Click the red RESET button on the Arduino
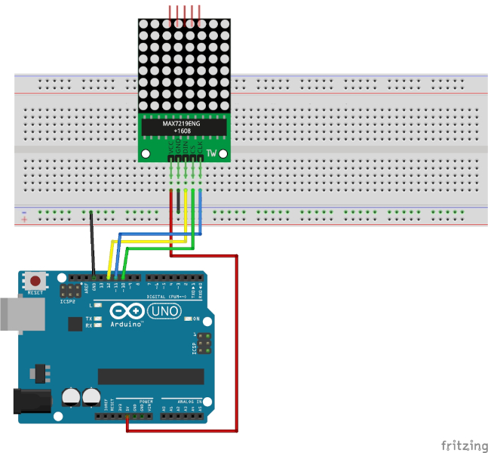click(x=34, y=279)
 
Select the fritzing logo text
click(x=462, y=445)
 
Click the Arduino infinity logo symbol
click(x=126, y=311)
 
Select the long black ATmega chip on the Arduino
click(x=150, y=377)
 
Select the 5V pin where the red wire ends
click(x=127, y=416)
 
